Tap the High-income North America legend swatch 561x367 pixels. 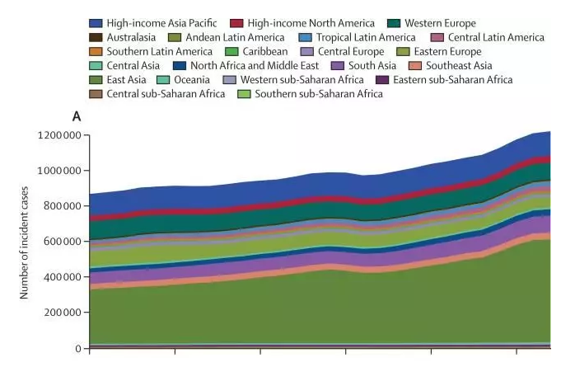pyautogui.click(x=236, y=23)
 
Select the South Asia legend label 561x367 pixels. pyautogui.click(x=373, y=65)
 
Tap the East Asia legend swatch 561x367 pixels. pyautogui.click(x=96, y=79)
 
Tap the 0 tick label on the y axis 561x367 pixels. pyautogui.click(x=78, y=348)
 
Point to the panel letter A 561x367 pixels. pyautogui.click(x=77, y=116)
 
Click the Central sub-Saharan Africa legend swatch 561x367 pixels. pyautogui.click(x=96, y=93)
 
